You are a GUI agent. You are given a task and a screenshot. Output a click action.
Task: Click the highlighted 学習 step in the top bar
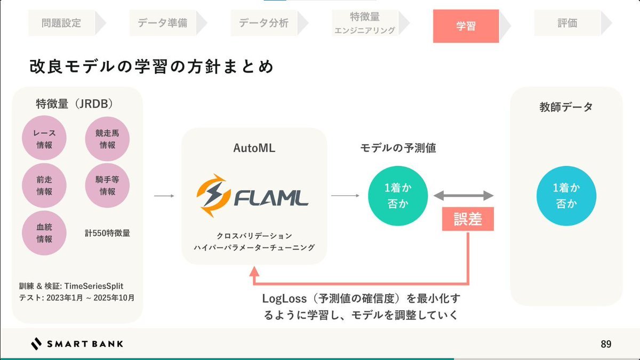tap(466, 25)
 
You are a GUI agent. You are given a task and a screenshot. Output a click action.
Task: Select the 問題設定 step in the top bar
tap(61, 23)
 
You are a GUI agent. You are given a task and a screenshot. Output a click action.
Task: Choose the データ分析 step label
tap(263, 23)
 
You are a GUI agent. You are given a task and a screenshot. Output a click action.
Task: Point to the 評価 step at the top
tap(567, 23)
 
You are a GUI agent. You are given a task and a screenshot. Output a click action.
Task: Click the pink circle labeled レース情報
tap(44, 139)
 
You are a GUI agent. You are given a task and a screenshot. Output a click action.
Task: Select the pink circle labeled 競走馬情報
tap(107, 139)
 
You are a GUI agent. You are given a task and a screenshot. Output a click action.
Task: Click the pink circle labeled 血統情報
tap(44, 233)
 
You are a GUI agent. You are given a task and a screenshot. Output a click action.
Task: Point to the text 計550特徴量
tap(107, 233)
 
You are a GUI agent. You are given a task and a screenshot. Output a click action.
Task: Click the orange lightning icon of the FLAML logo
tap(214, 196)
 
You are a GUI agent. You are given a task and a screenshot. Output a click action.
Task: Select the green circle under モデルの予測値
tap(398, 195)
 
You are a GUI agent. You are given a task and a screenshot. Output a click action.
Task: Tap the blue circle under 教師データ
tap(566, 195)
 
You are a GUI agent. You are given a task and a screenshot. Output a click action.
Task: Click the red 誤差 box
tap(468, 219)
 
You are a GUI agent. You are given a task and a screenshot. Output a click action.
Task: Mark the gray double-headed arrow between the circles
tap(463, 196)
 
